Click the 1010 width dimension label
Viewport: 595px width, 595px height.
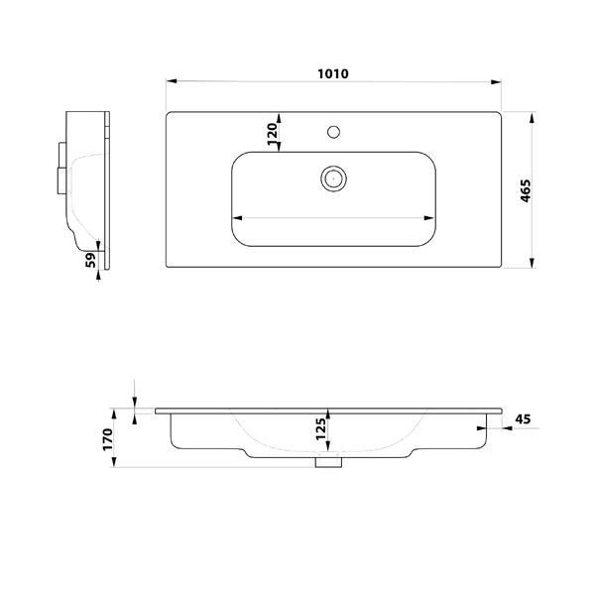(333, 73)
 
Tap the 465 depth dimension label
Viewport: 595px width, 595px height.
(526, 190)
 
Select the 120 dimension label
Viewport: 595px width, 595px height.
(273, 134)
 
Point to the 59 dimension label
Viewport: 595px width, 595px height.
(91, 260)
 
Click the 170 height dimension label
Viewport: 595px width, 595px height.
(108, 439)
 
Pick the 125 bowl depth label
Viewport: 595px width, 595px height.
(320, 428)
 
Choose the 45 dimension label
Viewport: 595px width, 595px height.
(523, 419)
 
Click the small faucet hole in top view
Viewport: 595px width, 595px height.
(333, 132)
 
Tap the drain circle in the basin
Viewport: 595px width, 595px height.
(333, 178)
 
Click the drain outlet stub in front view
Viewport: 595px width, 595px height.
(328, 462)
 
